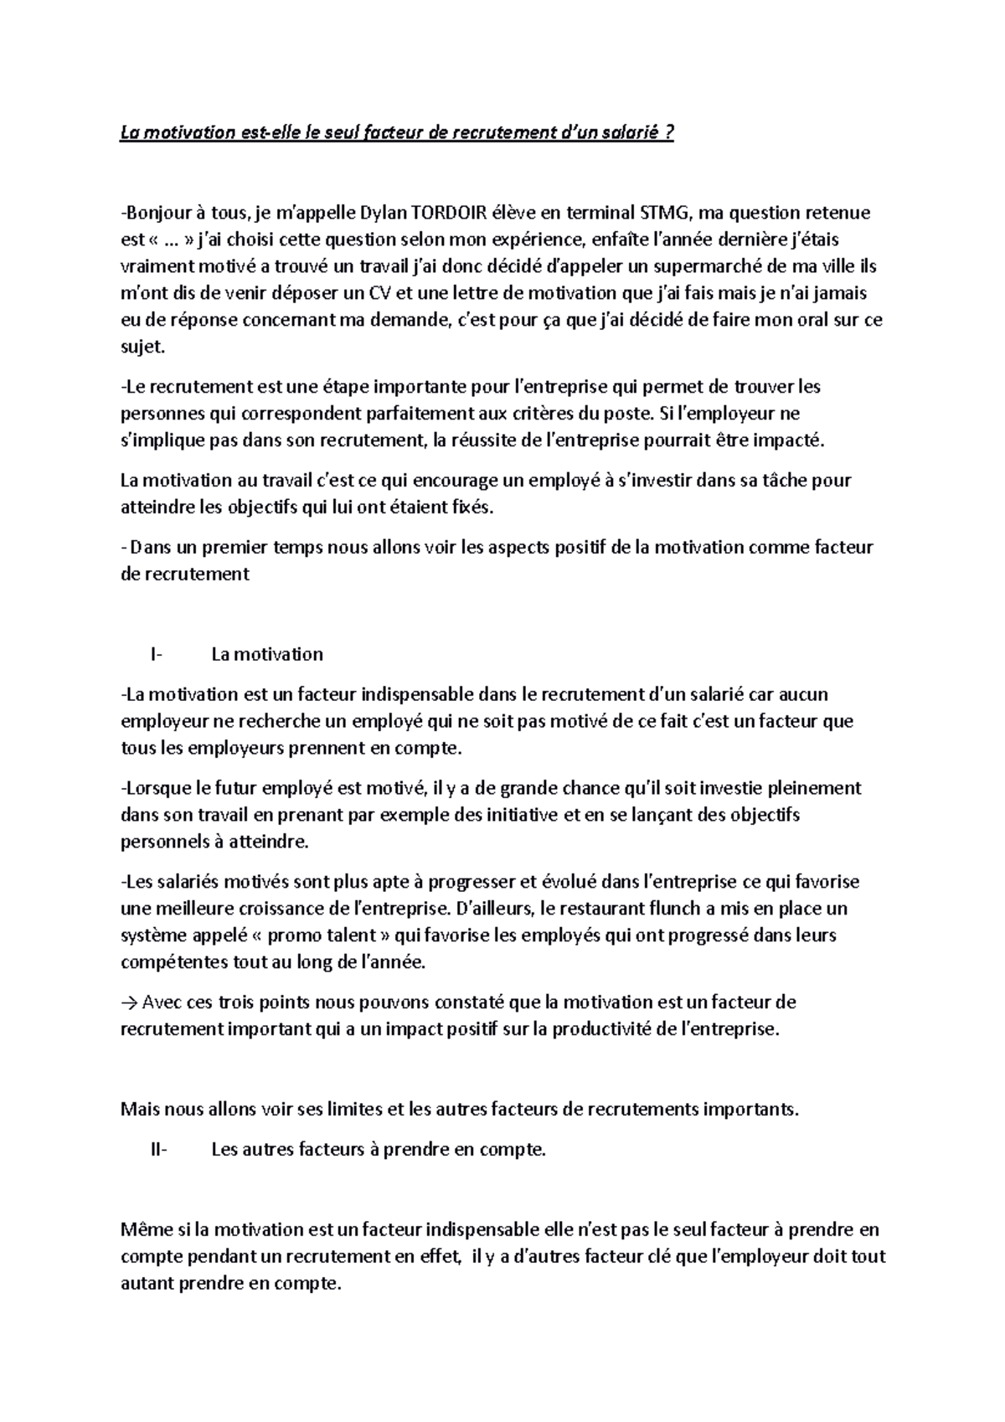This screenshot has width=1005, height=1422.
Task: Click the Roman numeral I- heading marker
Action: (157, 654)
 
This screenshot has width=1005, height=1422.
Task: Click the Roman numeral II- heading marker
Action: (158, 1150)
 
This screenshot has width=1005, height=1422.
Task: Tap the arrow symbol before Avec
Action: (130, 1002)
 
